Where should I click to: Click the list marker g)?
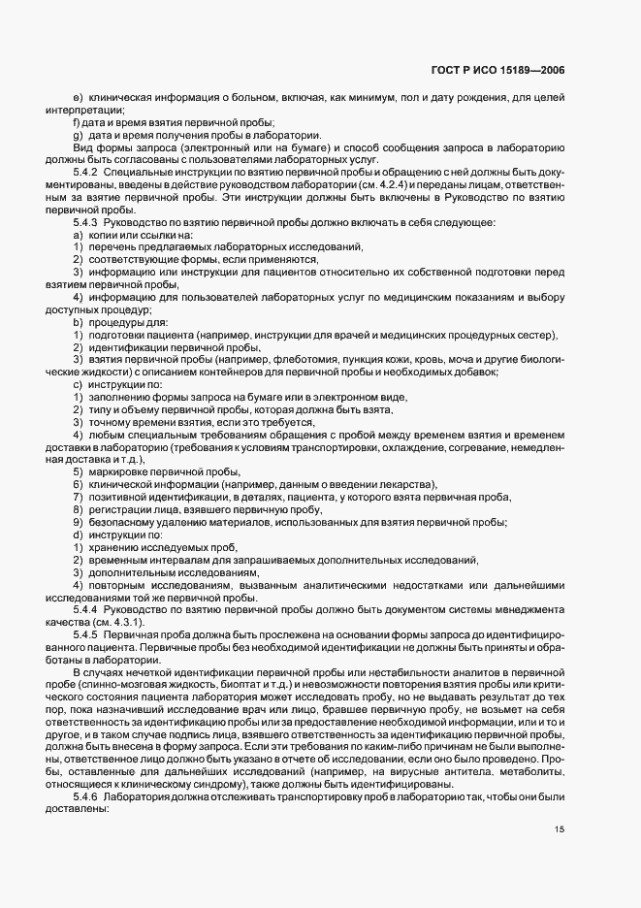pos(77,135)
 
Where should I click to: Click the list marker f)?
pos(77,121)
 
